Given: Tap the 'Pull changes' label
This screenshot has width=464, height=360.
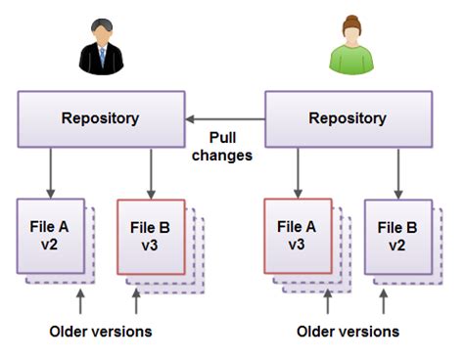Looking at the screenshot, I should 224,147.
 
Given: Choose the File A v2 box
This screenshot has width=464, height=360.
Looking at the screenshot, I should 50,236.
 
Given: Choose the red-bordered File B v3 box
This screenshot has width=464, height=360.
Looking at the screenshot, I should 150,236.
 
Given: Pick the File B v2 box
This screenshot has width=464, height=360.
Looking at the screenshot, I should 397,236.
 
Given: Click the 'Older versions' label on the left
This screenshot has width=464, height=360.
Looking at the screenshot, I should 101,331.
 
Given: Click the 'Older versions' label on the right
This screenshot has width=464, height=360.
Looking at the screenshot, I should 348,331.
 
